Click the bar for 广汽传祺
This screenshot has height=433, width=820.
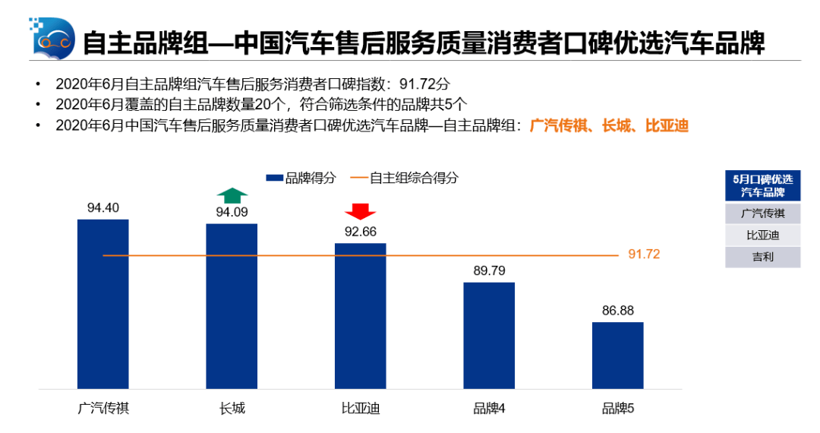(103, 304)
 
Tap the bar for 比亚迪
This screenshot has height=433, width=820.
(361, 315)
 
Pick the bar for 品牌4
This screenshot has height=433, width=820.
(489, 335)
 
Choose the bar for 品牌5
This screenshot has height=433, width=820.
(617, 355)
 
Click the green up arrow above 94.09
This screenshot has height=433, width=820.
(232, 194)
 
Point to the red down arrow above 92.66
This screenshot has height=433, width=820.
(361, 210)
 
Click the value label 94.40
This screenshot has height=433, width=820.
(103, 207)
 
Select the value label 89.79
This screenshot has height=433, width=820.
(489, 270)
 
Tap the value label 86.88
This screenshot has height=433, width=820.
(617, 310)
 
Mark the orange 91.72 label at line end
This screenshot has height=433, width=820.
(644, 254)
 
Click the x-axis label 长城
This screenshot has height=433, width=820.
(232, 409)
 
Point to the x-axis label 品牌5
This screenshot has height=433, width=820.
(617, 409)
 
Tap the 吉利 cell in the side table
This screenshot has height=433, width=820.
(762, 257)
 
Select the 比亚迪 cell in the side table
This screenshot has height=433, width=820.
(762, 235)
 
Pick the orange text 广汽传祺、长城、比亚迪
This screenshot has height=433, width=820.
(609, 125)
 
